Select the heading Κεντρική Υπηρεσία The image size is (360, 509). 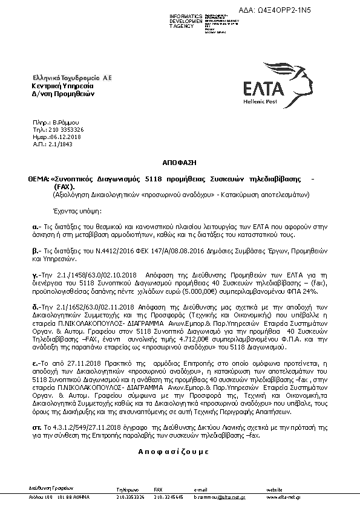coord(54,86)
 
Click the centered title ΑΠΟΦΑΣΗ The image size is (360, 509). coord(178,163)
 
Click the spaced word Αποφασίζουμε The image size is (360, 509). coord(173,451)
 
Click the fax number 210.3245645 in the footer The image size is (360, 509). coord(167,496)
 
